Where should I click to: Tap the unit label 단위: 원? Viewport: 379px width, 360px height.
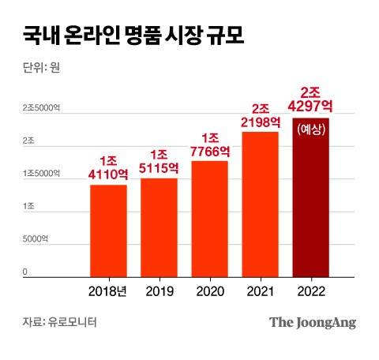[x=42, y=67]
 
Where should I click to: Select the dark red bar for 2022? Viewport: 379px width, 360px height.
[x=310, y=197]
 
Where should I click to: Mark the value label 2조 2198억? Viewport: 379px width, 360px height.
[x=260, y=115]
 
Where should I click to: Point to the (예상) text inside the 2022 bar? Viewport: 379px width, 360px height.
[x=310, y=129]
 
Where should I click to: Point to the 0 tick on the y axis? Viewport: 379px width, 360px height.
[x=25, y=272]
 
